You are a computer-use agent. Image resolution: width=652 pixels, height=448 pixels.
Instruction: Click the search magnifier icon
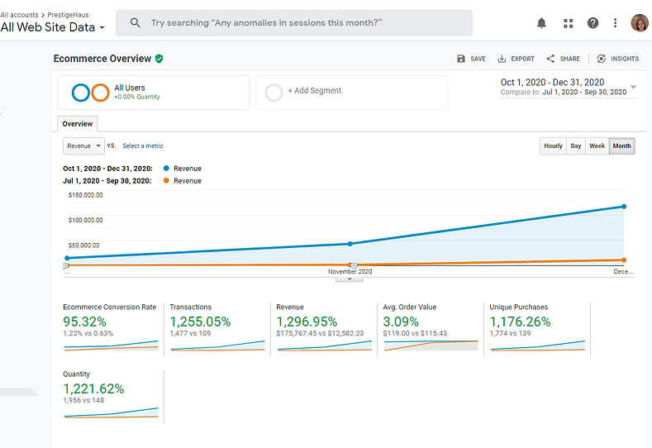click(x=136, y=23)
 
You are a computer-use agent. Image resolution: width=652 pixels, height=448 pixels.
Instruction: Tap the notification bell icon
click(x=541, y=23)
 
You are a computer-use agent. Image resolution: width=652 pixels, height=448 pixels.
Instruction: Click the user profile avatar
click(x=639, y=23)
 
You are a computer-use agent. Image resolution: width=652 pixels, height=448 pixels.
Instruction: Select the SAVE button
click(x=471, y=59)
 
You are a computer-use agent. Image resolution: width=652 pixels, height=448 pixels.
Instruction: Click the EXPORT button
click(x=516, y=59)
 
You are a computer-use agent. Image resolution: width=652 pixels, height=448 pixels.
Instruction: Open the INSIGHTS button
click(x=617, y=59)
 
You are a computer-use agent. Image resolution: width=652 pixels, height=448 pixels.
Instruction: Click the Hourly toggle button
click(x=553, y=146)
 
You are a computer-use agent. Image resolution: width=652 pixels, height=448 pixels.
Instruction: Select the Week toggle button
click(x=597, y=146)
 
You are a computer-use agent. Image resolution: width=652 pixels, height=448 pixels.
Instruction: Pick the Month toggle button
click(x=621, y=146)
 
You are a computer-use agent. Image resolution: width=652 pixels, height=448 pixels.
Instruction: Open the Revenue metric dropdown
click(x=83, y=145)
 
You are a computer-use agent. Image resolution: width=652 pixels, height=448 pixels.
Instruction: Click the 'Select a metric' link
click(x=143, y=146)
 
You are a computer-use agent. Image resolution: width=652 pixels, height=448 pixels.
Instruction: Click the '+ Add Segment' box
click(x=351, y=92)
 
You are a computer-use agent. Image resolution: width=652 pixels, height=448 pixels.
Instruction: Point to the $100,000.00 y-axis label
click(x=85, y=220)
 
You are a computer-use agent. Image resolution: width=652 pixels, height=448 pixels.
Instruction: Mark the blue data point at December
click(x=624, y=207)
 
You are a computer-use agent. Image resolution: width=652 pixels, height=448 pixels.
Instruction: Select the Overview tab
click(x=78, y=124)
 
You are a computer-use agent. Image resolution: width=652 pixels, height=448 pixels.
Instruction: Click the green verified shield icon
click(x=159, y=59)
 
